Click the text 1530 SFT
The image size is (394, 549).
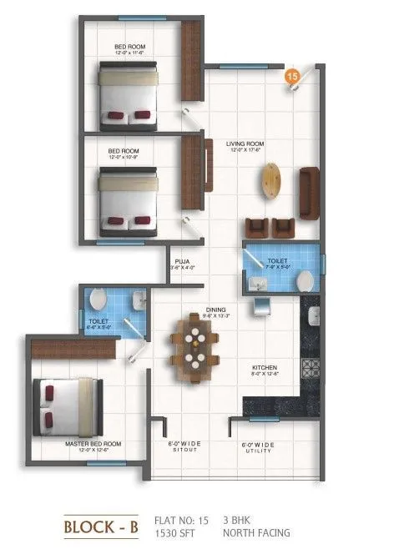coord(174,531)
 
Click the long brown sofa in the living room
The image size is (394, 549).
coord(310,190)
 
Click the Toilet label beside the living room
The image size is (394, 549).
coord(278,263)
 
